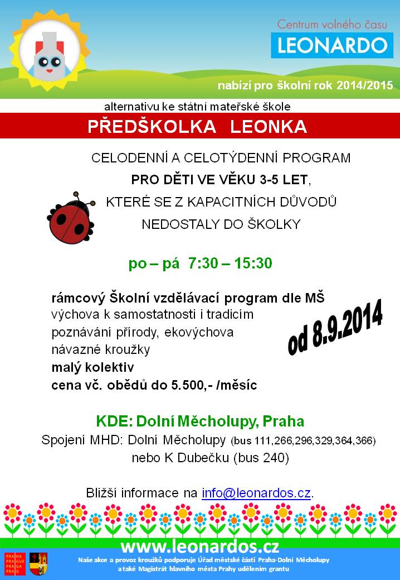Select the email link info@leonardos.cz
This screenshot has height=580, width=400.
click(256, 493)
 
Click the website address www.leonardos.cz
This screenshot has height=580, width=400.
click(200, 546)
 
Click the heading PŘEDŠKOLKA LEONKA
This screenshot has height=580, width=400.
click(197, 127)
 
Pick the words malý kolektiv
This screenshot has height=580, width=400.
click(92, 367)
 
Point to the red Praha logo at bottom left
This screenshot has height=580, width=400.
click(16, 564)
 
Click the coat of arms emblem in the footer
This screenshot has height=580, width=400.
click(38, 564)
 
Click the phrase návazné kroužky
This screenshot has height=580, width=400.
click(101, 350)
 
